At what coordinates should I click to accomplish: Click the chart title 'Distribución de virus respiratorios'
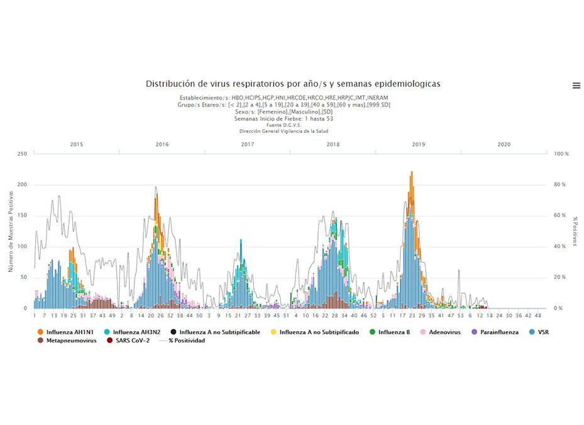click(293, 84)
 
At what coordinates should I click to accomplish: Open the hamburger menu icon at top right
click(576, 86)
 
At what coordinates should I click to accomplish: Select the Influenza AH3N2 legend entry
click(134, 332)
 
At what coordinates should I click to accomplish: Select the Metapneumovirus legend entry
click(67, 341)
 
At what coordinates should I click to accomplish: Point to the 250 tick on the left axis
click(22, 154)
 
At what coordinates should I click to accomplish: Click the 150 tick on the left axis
click(22, 215)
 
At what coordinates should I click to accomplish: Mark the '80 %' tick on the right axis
click(559, 184)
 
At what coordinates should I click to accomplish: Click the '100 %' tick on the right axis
click(561, 154)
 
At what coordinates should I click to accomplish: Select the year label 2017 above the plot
click(248, 144)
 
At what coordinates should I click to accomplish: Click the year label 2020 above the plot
click(504, 144)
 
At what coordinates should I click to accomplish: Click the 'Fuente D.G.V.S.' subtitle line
click(284, 125)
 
